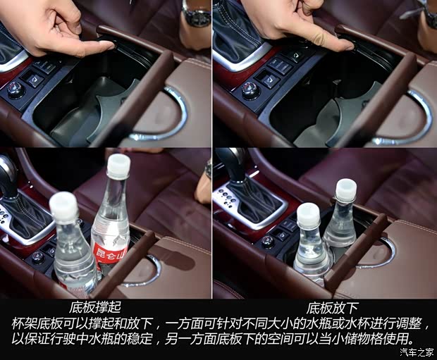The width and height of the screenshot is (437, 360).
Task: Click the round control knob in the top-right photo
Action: pos(251,90)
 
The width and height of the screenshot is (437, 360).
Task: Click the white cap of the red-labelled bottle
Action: pos(118,165)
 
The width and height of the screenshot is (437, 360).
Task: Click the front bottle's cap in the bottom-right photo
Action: pos(308,215)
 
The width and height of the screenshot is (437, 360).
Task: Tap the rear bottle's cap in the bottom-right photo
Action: pos(345,190)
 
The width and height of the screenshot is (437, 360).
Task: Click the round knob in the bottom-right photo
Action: pos(267,241)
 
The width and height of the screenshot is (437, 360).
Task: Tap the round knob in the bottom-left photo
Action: pos(37,257)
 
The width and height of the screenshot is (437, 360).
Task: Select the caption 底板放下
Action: pos(329,308)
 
